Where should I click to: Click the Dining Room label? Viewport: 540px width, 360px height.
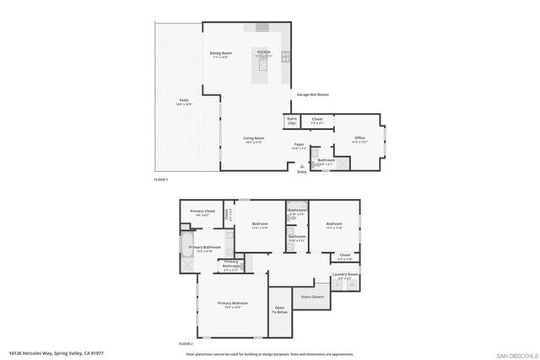tap(221, 54)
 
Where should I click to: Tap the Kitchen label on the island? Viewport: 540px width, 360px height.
tap(264, 53)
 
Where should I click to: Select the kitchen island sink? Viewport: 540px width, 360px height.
tap(263, 64)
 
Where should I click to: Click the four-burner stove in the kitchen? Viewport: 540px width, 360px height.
tap(286, 58)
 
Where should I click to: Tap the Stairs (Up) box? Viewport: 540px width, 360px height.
tap(292, 121)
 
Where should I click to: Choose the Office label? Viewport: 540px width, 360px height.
tap(359, 140)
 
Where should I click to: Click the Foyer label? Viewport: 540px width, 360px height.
tap(299, 146)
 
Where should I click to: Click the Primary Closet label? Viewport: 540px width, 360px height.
tap(202, 212)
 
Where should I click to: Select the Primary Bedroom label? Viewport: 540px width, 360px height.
tap(232, 304)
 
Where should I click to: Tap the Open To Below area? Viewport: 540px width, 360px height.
tap(281, 310)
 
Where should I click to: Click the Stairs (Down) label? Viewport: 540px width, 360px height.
tap(313, 297)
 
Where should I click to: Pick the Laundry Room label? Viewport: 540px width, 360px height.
tap(346, 276)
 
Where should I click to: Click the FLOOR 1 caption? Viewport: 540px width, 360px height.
tap(161, 180)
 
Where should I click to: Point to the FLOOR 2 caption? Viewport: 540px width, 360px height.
tap(186, 344)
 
